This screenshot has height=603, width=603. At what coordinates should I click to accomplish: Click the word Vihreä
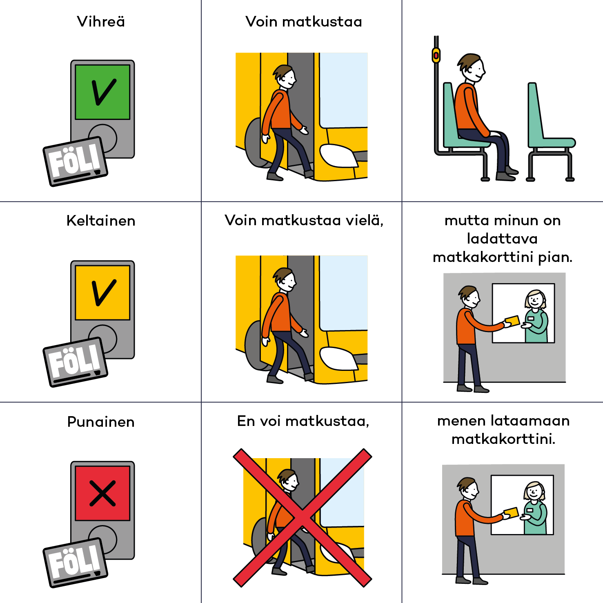101,22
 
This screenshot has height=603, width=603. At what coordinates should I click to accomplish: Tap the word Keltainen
101,221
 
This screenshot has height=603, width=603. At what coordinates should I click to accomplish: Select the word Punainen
101,422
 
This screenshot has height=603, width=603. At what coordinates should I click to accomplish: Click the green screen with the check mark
102,92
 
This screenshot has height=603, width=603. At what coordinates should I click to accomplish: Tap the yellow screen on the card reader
102,293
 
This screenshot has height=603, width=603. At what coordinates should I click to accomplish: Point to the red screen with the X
102,493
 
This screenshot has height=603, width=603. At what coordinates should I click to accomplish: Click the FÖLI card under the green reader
76,162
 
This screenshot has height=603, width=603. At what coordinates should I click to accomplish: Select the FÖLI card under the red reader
76,563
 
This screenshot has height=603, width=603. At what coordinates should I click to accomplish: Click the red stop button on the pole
436,55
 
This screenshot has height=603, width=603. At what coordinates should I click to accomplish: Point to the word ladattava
502,239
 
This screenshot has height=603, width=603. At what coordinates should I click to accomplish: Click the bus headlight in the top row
338,156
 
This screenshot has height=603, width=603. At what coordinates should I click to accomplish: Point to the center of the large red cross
302,518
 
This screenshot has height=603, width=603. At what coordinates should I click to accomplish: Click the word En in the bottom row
246,421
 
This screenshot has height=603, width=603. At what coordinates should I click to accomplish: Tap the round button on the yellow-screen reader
103,339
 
